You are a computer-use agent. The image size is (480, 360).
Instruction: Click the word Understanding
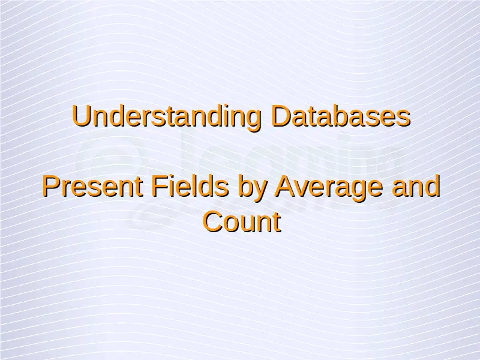pos(167,117)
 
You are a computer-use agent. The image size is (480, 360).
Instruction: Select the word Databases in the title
pos(341,116)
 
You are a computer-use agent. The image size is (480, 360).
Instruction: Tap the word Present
pos(92,187)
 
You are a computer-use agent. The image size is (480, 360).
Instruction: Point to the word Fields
pos(190,186)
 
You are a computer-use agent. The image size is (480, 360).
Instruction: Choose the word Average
pos(329,189)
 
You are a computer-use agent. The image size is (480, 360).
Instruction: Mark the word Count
pos(242,221)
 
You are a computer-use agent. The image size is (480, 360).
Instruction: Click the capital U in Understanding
pos(81,116)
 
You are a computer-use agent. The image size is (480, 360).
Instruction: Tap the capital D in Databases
pos(281,116)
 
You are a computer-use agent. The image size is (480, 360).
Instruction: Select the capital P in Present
pos(51,186)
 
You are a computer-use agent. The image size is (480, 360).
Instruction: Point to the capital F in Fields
pos(160,186)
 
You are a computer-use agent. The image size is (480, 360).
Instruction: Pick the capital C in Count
pos(213,221)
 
